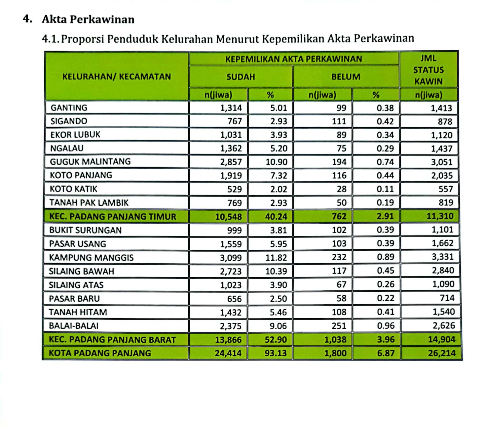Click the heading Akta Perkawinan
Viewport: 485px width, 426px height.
(88, 20)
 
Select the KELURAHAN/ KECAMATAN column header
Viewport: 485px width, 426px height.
(117, 77)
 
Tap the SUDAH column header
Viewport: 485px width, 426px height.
(241, 77)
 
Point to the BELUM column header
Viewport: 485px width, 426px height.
(346, 77)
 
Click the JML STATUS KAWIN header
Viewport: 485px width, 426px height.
(428, 70)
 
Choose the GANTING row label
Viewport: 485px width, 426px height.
(69, 108)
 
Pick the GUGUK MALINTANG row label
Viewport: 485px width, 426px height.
(90, 162)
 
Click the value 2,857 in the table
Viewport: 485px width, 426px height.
(231, 162)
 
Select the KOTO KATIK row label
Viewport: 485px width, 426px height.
(73, 189)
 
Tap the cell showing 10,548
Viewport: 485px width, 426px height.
(228, 217)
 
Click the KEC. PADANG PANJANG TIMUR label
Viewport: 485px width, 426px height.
(113, 217)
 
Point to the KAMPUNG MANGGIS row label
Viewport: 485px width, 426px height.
(91, 257)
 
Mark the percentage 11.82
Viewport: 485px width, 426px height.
(276, 257)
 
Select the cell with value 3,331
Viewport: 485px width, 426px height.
(443, 257)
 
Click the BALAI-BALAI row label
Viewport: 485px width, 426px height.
(74, 326)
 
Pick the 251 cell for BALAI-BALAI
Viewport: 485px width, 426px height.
(339, 326)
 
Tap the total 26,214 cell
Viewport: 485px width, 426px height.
(441, 353)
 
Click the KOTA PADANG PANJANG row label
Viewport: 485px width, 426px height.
(100, 353)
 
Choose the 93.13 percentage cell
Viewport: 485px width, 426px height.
(276, 353)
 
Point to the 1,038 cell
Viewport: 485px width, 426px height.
(335, 340)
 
